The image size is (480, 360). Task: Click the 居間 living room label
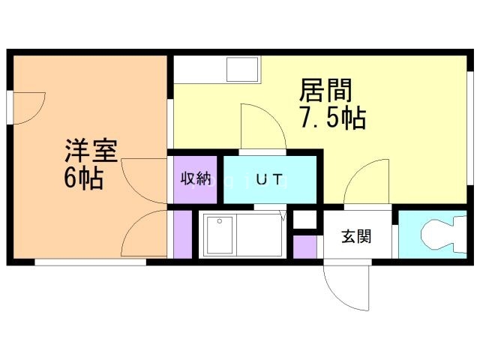325,90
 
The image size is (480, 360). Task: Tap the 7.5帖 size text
333,117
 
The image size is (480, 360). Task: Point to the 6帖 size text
83,178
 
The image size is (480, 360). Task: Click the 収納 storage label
195,178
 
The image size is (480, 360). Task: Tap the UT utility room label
268,179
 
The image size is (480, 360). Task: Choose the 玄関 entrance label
356,236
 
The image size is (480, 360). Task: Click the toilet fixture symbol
443,234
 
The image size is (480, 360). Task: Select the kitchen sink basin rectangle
242,69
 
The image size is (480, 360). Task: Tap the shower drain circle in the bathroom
220,220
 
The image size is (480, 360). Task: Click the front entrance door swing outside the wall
346,288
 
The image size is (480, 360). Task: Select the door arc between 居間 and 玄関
367,181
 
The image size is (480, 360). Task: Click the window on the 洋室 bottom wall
91,262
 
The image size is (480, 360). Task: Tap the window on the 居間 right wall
470,128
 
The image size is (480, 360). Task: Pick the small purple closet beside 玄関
305,247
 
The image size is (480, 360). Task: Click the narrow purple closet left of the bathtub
183,235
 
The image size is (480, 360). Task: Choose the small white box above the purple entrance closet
305,220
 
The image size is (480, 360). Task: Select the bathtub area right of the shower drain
259,235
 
